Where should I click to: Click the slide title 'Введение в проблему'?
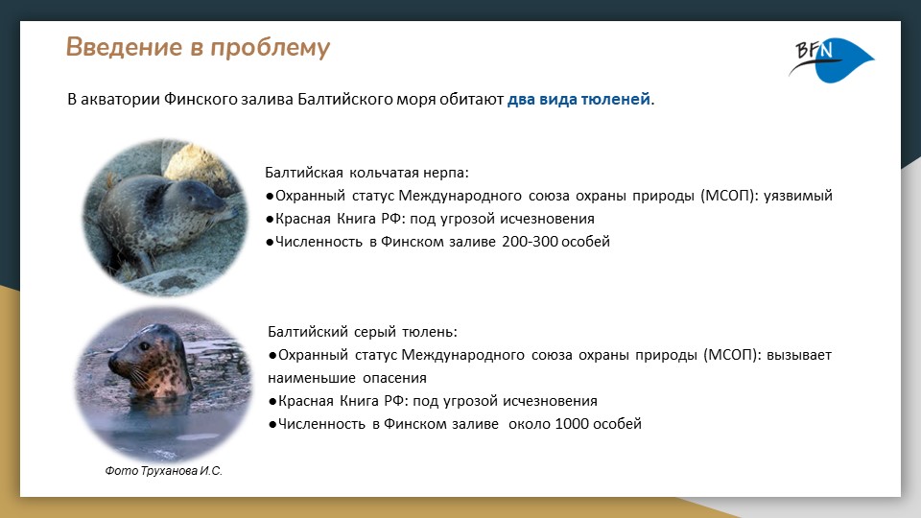pos(198,48)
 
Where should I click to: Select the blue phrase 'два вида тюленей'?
pos(579,100)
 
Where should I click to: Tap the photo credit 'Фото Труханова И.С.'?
pos(163,472)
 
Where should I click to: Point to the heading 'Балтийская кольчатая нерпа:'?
pos(366,173)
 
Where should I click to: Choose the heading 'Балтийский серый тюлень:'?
pos(364,332)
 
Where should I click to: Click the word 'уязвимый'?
pos(797,196)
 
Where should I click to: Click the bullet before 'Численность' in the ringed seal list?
pos(271,242)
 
